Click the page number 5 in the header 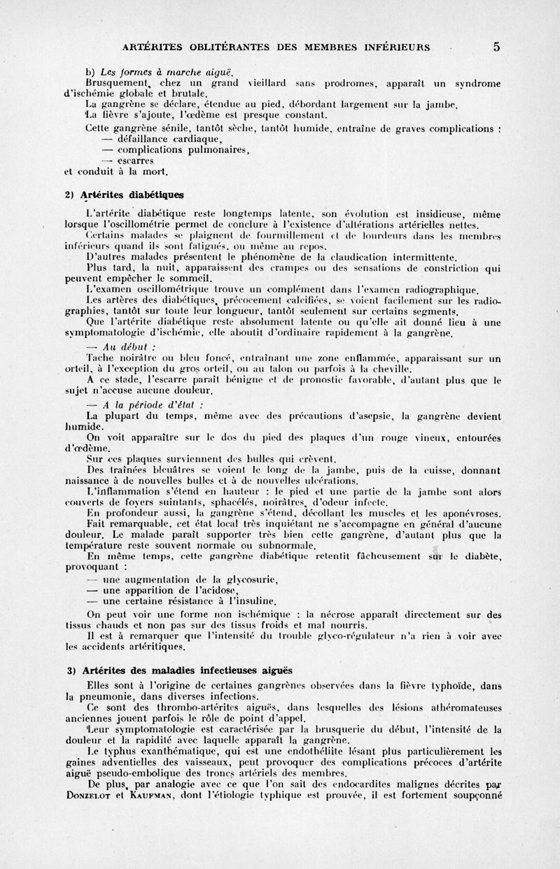click(496, 48)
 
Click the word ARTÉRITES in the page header click(154, 48)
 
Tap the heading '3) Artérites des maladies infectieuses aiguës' click(185, 671)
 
